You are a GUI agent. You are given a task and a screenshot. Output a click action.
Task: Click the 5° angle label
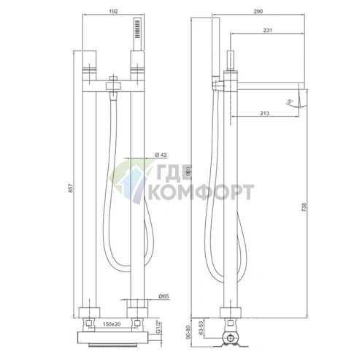click(291, 101)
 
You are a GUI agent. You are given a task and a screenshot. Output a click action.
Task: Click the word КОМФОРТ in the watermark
click(201, 193)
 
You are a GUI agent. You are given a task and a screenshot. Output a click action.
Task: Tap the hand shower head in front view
click(134, 31)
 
